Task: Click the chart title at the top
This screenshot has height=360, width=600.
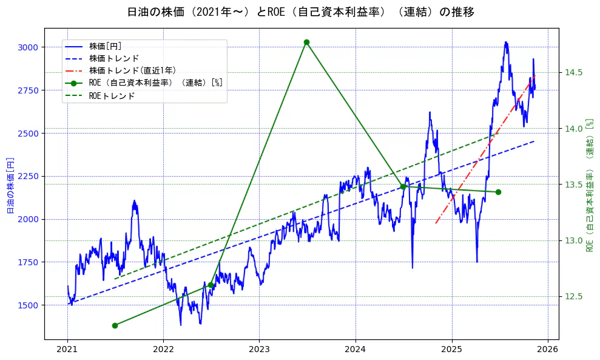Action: pos(300,12)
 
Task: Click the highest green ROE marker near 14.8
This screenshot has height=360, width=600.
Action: pos(306,42)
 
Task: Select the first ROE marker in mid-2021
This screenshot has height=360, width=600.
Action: pos(115,325)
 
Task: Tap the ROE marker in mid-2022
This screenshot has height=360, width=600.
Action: pos(211,285)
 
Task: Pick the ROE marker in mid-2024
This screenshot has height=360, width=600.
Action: pos(403,186)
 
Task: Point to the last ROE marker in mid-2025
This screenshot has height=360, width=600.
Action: pos(498,192)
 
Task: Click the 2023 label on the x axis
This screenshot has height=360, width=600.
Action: pos(259,350)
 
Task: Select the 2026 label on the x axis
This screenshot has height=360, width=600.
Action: pos(548,350)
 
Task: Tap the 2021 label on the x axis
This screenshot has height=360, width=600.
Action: pos(67,350)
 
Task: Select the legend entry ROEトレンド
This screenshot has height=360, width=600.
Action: pos(112,96)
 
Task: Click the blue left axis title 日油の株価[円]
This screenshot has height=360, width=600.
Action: pos(10,185)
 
